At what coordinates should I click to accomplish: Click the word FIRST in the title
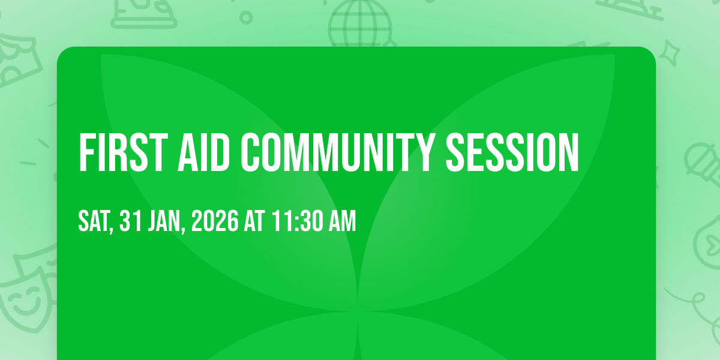coord(124,152)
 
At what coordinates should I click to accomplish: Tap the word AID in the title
coord(203,152)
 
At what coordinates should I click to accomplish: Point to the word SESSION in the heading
coord(512,152)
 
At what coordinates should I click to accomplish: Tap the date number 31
coord(131,221)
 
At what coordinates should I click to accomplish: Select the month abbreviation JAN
coord(164,221)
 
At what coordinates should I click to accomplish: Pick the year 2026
coord(215,221)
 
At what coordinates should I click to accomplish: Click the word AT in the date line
coord(254,221)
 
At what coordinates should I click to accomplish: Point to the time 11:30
coord(297,221)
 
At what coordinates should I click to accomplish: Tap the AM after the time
coord(343,221)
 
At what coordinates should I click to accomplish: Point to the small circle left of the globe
coord(246,17)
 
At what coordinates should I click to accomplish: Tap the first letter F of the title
coord(87,152)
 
